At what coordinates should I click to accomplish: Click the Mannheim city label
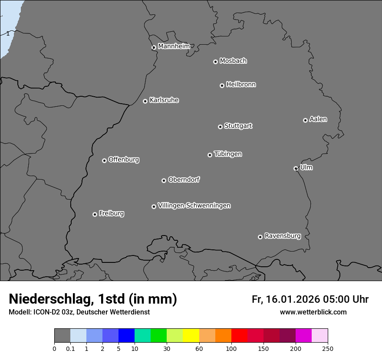pos(174,46)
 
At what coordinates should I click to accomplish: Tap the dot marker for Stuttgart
pos(220,127)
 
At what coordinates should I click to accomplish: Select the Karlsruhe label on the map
pos(164,100)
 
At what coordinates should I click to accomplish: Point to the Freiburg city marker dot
pos(95,214)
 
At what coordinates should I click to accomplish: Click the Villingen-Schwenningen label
pos(194,206)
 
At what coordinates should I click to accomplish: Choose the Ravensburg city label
pos(283,236)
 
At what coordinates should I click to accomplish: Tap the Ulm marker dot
pos(296,168)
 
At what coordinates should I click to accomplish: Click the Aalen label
pos(318,119)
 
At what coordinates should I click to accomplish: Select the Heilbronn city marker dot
pos(222,85)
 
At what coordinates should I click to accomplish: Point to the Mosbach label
pos(233,61)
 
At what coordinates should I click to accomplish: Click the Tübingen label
pos(228,154)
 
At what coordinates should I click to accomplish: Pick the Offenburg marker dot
pos(104,160)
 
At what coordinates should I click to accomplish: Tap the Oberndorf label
pos(184,180)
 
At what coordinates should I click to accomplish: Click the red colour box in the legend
pos(239,336)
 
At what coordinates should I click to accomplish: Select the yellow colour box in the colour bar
pos(191,336)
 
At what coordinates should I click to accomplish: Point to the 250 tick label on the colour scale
pos(328,348)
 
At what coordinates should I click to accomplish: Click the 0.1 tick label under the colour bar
pos(70,348)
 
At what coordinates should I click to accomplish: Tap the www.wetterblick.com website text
pos(313,312)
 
